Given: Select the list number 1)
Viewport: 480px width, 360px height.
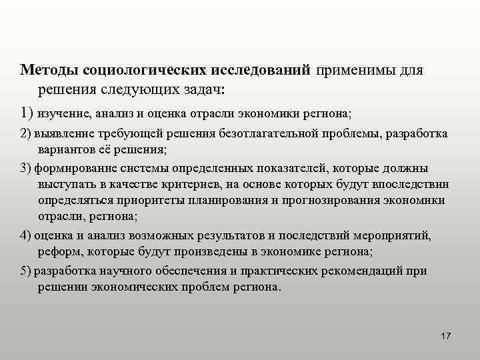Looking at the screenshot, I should pyautogui.click(x=27, y=111).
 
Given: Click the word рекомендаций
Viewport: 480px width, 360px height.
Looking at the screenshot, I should pyautogui.click(x=372, y=271).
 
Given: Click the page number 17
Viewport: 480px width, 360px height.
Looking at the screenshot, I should pyautogui.click(x=446, y=335).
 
